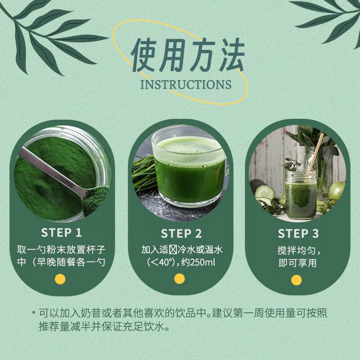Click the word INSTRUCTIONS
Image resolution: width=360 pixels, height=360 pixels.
(x=186, y=85)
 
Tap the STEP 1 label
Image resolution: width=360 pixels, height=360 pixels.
(x=62, y=233)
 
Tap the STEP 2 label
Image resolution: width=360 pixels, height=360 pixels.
(x=181, y=234)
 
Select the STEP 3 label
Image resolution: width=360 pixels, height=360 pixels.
(x=298, y=234)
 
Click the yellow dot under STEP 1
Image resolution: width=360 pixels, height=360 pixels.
(x=60, y=279)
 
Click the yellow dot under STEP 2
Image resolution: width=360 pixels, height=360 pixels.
(x=180, y=279)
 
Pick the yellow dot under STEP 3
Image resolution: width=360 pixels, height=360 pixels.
(x=297, y=280)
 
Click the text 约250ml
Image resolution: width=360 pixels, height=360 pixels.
(x=198, y=262)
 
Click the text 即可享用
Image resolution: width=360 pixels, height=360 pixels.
(x=297, y=262)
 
